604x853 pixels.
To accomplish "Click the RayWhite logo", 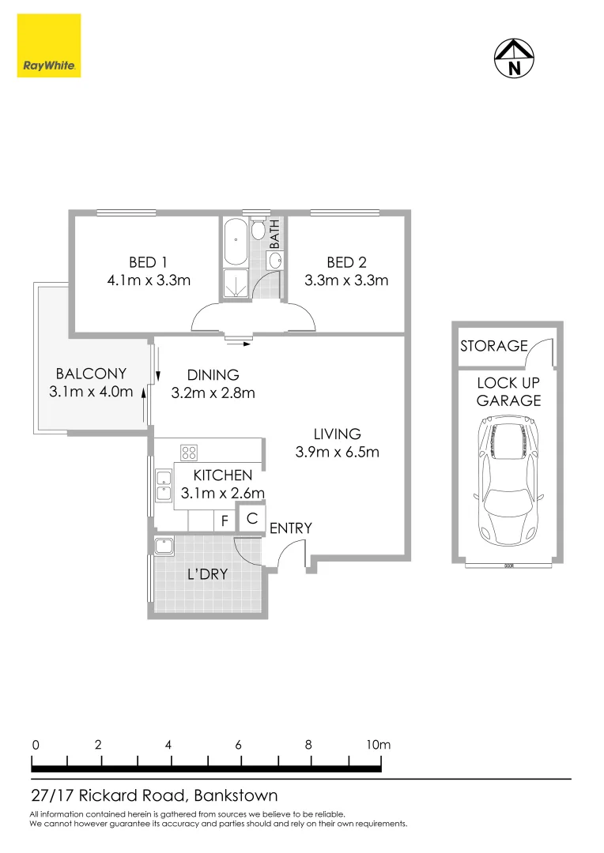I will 49,47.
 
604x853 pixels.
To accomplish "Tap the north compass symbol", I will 515,58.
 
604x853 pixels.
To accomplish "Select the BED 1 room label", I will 148,263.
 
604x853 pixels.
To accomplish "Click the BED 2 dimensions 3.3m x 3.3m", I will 346,280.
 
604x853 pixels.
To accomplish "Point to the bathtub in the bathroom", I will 236,244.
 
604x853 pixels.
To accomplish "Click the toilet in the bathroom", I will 259,231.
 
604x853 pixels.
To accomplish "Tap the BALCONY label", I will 91,374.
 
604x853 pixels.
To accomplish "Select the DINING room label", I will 213,375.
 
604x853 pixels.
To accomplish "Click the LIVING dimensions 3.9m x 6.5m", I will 338,452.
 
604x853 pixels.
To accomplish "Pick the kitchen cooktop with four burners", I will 189,453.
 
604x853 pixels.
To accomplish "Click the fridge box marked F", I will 225,521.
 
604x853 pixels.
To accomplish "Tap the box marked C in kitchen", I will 251,519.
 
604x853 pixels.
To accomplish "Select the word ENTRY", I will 291,528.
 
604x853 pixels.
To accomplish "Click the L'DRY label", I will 207,574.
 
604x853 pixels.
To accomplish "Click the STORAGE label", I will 494,345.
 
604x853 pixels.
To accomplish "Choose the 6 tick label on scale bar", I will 238,745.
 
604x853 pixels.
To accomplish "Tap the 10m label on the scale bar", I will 379,745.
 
